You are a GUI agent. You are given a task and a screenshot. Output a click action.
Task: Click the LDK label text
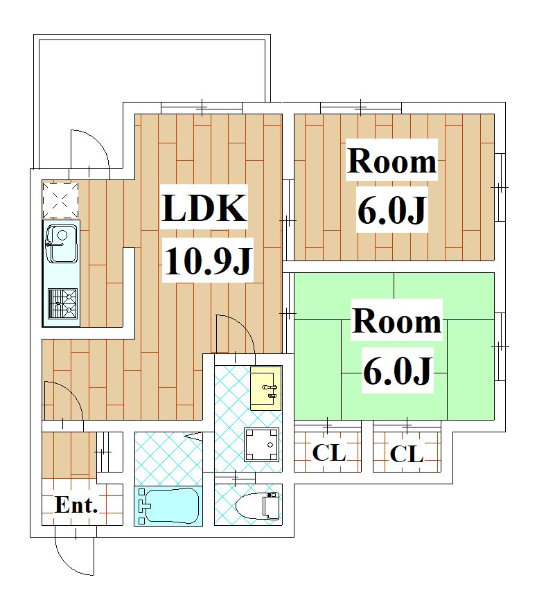pyautogui.click(x=204, y=208)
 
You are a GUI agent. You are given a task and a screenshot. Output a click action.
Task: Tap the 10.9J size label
pyautogui.click(x=208, y=260)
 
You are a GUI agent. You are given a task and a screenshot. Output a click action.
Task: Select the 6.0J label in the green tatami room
pyautogui.click(x=397, y=371)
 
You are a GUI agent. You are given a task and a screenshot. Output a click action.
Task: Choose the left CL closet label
pyautogui.click(x=329, y=452)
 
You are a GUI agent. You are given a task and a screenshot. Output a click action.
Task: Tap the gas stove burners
pyautogui.click(x=62, y=303)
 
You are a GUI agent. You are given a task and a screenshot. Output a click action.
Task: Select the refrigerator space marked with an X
pyautogui.click(x=60, y=200)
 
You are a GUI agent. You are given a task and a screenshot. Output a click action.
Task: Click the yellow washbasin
pyautogui.click(x=266, y=388)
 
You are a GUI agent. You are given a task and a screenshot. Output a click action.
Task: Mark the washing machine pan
pyautogui.click(x=261, y=444)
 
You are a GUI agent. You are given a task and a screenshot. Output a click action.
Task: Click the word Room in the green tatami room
pyautogui.click(x=396, y=321)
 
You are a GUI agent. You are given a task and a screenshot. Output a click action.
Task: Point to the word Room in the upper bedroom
pyautogui.click(x=392, y=161)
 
